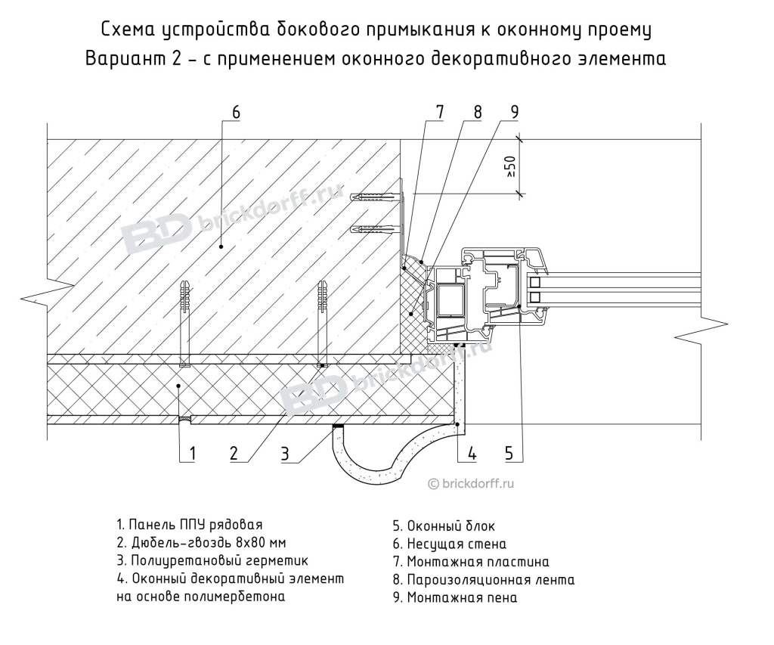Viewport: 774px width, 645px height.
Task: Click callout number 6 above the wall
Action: [235, 111]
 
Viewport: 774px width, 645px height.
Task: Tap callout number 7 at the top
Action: [439, 111]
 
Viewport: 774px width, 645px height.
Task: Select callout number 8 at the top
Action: [477, 111]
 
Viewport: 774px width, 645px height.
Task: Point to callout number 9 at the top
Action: [513, 111]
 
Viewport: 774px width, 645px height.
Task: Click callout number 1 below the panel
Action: [192, 453]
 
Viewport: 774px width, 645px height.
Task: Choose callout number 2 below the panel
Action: [234, 453]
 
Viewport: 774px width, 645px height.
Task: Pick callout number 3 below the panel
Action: [284, 453]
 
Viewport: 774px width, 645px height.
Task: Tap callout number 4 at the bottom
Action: [472, 453]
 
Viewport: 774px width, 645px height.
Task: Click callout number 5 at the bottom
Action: [509, 453]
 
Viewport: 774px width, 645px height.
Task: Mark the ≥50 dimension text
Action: [512, 166]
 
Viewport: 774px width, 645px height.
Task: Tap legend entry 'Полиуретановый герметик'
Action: [212, 560]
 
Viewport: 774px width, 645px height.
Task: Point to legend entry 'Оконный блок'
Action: [444, 526]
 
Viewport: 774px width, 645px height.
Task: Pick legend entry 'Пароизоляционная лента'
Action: [483, 580]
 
